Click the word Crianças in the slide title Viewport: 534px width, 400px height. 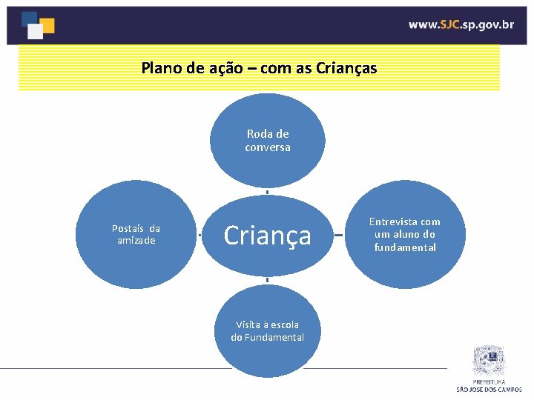point(346,69)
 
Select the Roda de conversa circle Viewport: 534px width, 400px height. point(267,140)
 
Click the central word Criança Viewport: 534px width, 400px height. point(267,236)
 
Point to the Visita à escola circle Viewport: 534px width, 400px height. point(267,331)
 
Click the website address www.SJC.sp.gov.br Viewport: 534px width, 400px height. point(461,24)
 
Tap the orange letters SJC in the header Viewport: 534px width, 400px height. point(449,24)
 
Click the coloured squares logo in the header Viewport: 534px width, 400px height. point(38,24)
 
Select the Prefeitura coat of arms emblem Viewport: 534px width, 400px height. point(489,361)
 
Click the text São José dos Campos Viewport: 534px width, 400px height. point(489,389)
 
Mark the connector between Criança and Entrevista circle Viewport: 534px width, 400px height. point(337,236)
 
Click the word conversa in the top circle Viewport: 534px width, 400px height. point(268,147)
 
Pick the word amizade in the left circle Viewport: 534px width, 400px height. point(136,241)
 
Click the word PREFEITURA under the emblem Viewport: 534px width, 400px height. point(489,382)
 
